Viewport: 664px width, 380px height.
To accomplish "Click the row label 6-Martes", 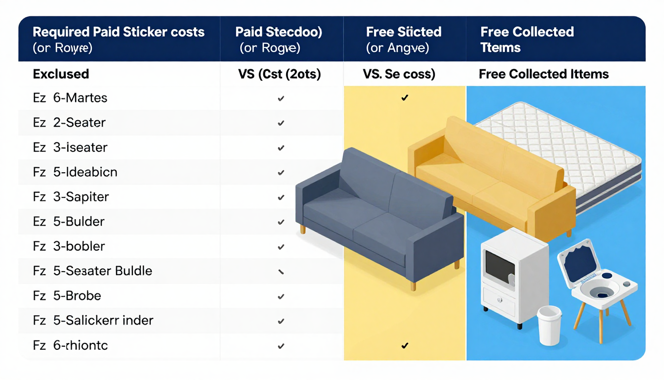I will [x=80, y=98].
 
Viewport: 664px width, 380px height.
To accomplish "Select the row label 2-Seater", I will [x=79, y=123].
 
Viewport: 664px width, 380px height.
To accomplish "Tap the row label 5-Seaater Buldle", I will [x=102, y=271].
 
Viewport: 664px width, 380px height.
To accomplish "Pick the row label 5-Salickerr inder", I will [x=103, y=321].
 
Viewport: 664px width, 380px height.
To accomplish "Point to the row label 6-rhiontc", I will [x=80, y=345].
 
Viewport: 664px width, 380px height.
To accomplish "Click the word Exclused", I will [x=61, y=74].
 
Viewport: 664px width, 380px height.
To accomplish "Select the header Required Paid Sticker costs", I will [x=119, y=32].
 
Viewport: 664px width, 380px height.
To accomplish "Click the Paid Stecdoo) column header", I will [x=279, y=32].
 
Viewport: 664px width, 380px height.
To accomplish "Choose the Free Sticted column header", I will [x=404, y=32].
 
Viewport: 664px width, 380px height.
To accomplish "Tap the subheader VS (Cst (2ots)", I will [x=280, y=74].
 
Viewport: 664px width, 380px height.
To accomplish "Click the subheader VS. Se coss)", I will [x=399, y=74].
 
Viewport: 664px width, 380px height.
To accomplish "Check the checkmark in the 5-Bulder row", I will [x=281, y=222].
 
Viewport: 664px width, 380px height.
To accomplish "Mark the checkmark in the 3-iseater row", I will [x=281, y=148].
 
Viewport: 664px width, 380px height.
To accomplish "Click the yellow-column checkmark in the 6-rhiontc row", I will [x=405, y=345].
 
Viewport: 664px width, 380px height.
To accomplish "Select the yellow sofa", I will [x=489, y=178].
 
